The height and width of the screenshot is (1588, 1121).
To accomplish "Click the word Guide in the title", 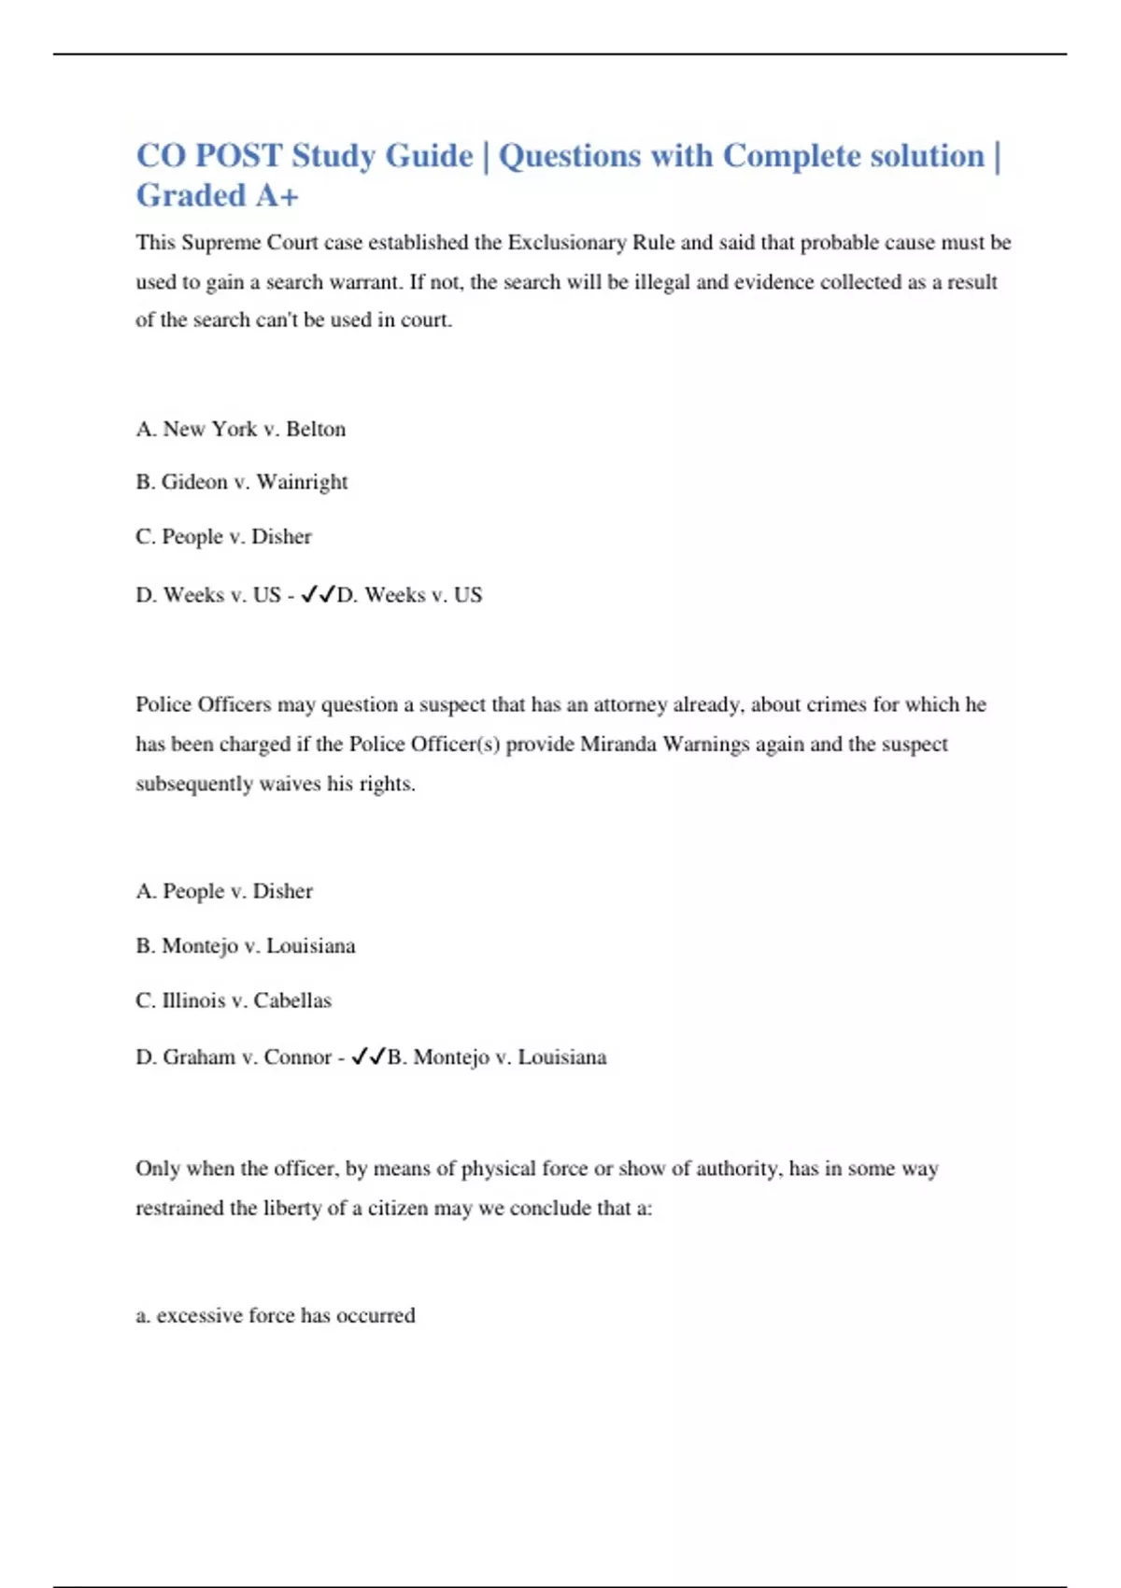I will coord(429,156).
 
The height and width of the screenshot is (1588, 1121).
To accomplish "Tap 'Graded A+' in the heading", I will coord(217,196).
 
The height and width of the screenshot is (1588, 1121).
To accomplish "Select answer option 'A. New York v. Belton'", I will coord(240,429).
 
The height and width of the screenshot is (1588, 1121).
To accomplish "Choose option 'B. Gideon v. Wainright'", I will coord(241,482).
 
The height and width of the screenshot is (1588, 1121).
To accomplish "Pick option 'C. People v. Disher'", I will coord(223,536).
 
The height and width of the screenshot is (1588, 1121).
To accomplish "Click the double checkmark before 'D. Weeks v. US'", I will coord(318,594).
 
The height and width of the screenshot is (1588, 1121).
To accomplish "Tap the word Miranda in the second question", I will coord(618,744).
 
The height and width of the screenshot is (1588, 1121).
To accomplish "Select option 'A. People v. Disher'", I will coord(224,891).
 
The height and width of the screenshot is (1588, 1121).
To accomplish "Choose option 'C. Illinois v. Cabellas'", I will coord(234,1000).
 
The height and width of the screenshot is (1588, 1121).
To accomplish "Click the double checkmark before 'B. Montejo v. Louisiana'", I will coord(368,1056).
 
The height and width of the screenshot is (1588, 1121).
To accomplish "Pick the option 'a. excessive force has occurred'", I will coord(276,1315).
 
